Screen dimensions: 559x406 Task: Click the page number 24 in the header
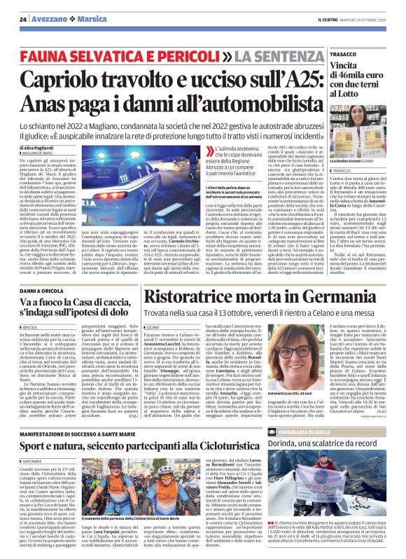point(22,19)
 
